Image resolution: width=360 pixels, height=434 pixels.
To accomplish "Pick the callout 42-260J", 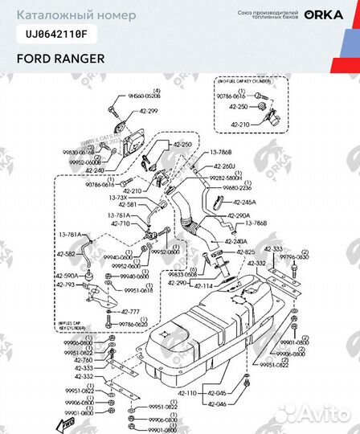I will [x=221, y=166].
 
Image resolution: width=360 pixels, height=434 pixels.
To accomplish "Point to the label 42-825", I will [x=223, y=252].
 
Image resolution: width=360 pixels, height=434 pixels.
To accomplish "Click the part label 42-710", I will [x=120, y=223].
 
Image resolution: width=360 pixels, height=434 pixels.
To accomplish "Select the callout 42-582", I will [x=67, y=254].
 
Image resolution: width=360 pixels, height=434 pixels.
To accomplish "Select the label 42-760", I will [x=84, y=360].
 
